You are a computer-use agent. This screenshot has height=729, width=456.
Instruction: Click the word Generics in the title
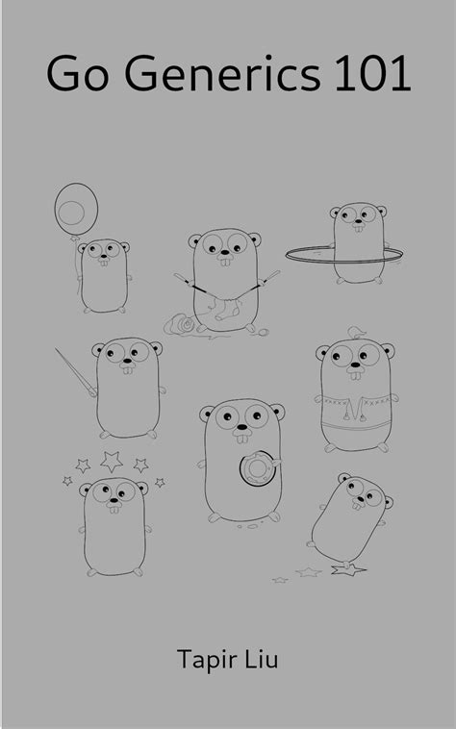tap(222, 73)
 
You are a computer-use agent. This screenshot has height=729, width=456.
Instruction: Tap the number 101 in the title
tap(372, 73)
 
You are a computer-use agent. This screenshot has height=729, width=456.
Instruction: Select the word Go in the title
tap(77, 73)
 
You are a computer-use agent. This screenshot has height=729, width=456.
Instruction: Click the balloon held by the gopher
tap(76, 210)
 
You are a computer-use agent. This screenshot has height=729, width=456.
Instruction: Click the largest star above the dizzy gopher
tap(112, 462)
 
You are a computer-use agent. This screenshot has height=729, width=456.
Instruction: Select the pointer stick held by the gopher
tap(76, 372)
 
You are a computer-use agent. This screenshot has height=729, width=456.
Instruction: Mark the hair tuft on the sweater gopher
tap(357, 333)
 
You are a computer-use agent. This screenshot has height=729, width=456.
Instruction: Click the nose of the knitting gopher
tap(225, 254)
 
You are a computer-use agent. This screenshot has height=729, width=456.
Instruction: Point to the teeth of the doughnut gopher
tap(241, 437)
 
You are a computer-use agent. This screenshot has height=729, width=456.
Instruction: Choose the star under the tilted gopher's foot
tap(347, 569)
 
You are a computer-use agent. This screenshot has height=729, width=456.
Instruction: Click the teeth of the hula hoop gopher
tap(358, 228)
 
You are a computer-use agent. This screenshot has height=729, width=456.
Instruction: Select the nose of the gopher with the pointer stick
tap(126, 364)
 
